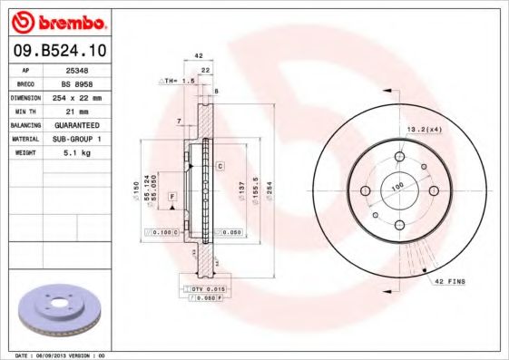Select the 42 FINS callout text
click(451, 282)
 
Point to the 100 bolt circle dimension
click(396, 186)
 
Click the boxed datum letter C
click(220, 167)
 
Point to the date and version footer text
click(61, 355)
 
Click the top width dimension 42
click(199, 56)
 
